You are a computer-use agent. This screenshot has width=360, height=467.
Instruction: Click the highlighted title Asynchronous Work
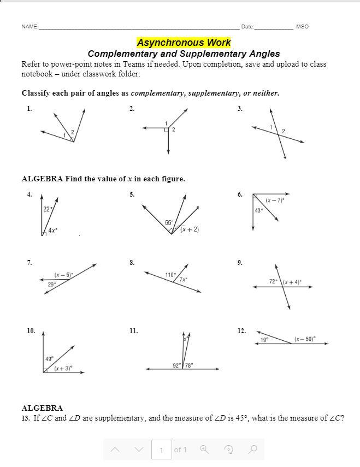184,42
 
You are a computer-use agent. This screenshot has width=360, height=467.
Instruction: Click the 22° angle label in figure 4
48,209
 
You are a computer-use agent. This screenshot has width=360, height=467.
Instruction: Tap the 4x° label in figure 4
52,231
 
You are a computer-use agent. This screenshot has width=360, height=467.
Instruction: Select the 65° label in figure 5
169,223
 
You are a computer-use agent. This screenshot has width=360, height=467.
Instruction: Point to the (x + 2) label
190,229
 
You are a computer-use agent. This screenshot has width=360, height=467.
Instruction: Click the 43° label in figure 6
259,210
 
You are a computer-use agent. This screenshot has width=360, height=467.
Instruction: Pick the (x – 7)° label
275,200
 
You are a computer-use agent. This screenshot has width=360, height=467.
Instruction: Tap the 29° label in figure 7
51,284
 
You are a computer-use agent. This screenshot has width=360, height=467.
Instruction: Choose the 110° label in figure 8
170,275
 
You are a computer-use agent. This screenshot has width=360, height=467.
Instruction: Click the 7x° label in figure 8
184,280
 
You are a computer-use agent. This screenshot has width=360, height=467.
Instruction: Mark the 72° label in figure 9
273,282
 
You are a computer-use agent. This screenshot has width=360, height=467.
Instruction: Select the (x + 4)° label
292,282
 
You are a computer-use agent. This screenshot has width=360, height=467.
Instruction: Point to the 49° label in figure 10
49,359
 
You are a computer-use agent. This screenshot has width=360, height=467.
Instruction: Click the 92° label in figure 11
177,365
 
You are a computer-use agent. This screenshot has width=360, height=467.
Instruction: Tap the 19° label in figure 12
264,340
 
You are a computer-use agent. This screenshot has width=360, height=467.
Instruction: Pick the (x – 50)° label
305,339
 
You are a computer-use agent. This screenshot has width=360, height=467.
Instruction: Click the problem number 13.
26,418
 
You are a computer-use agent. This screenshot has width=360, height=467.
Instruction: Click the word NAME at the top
29,27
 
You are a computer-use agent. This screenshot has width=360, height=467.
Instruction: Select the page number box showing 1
161,450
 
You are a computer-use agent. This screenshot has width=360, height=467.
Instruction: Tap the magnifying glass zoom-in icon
204,450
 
